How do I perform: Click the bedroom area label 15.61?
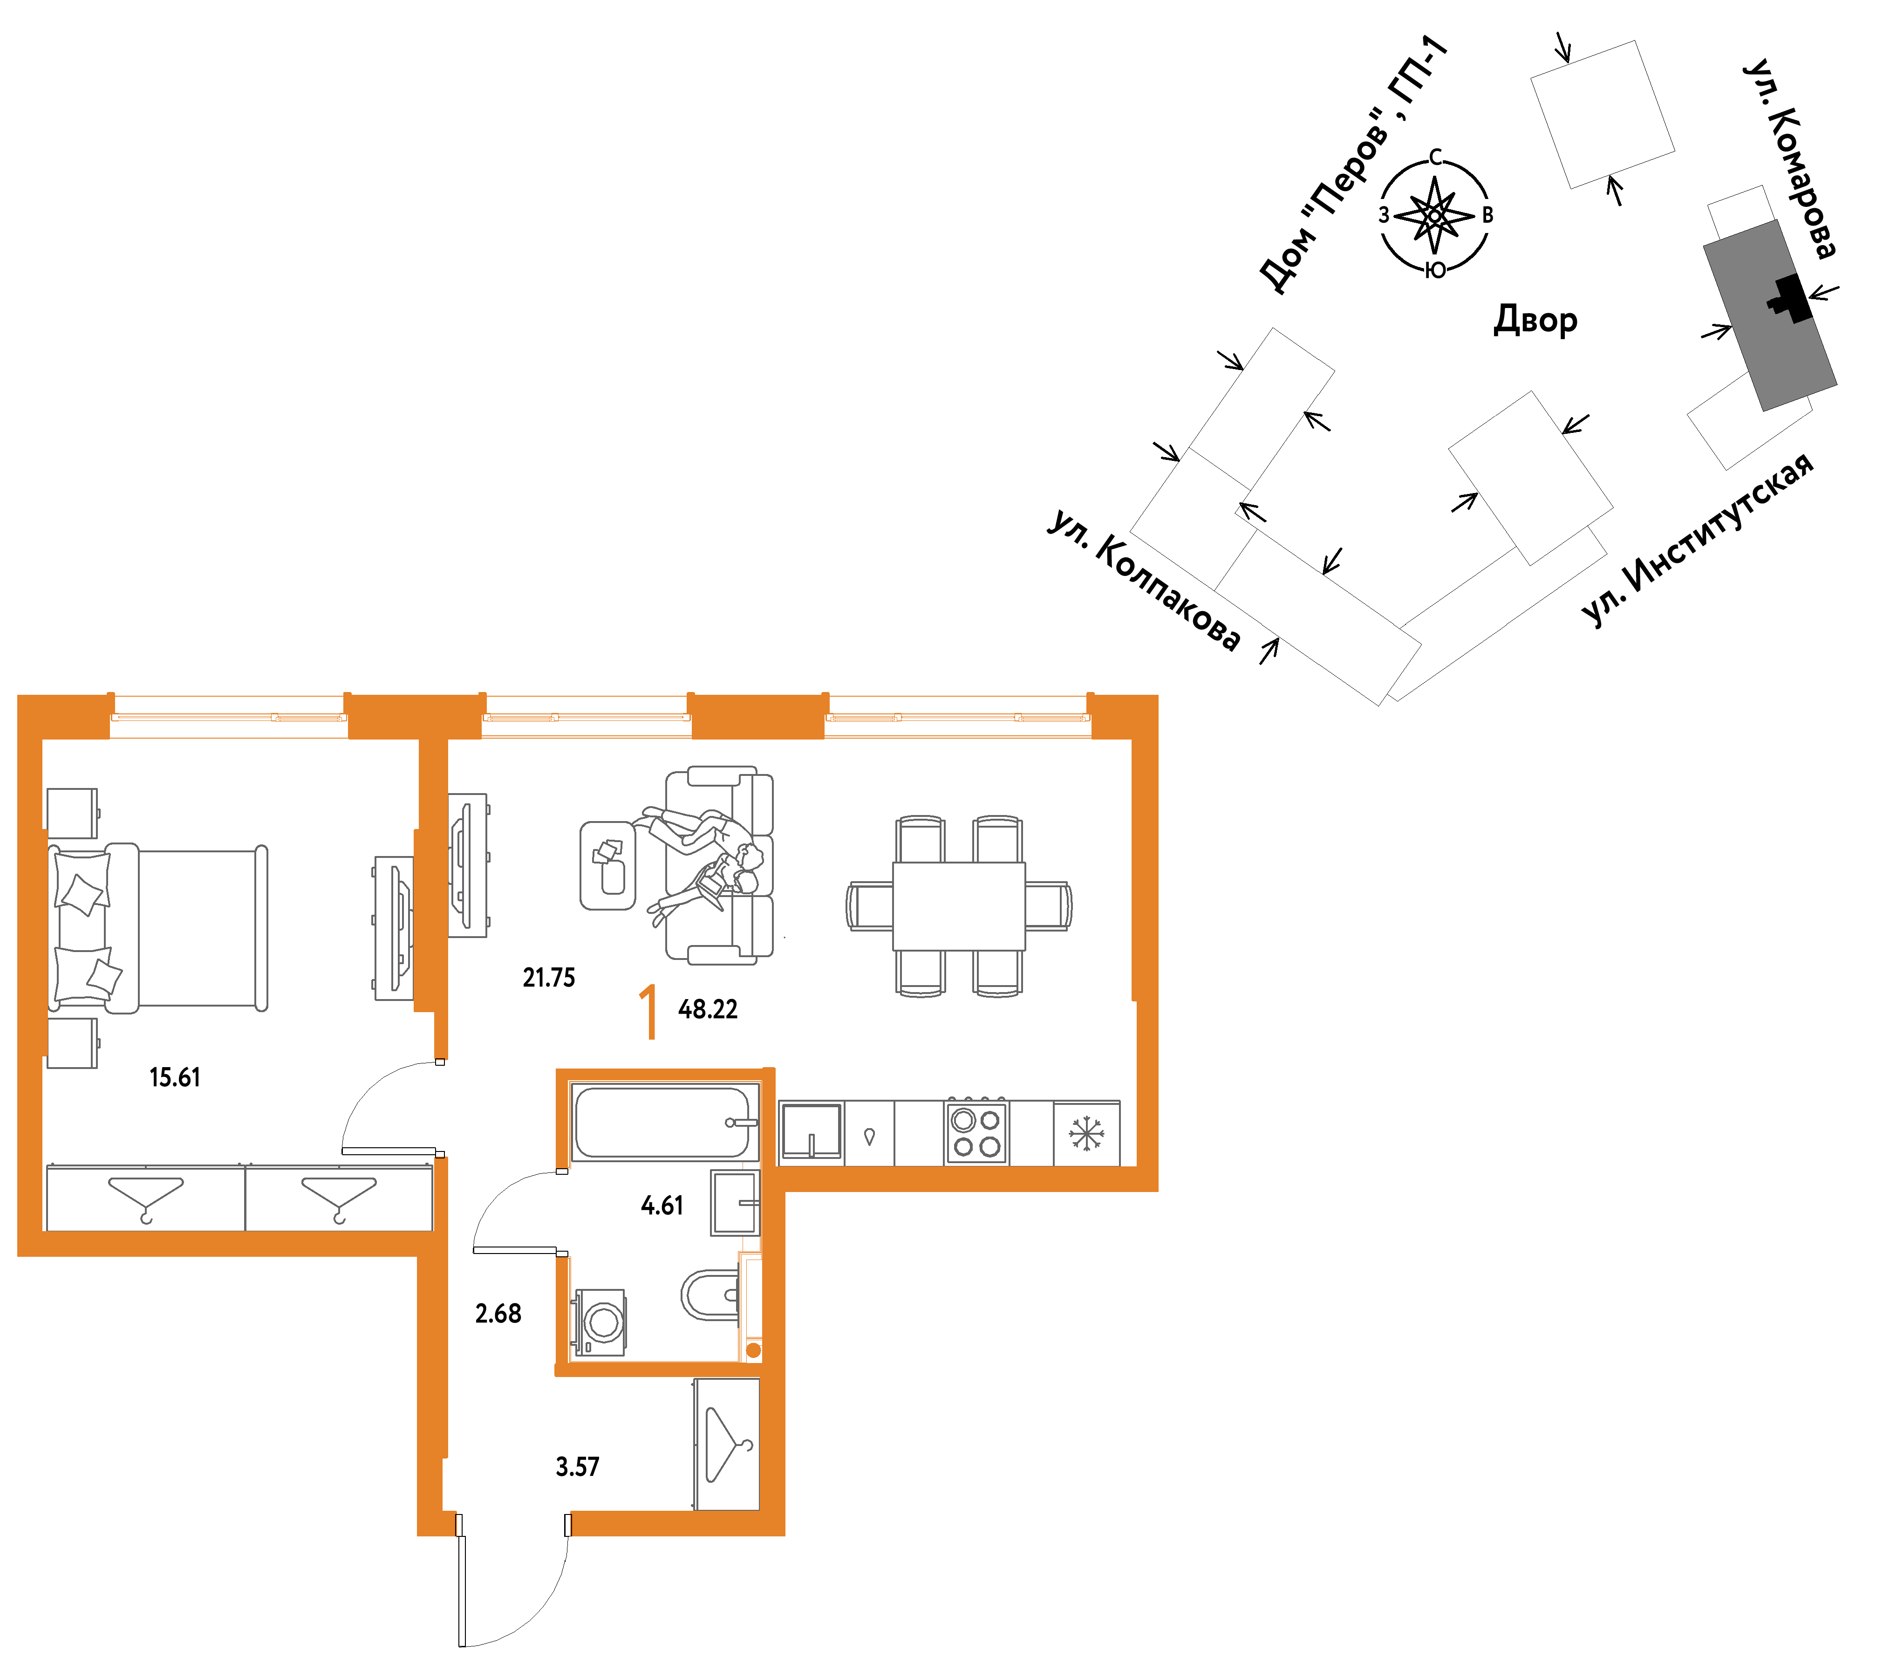click(175, 1077)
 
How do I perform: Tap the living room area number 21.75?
click(549, 978)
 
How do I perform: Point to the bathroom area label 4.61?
click(662, 1205)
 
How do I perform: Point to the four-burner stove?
click(976, 1132)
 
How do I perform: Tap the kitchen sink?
click(811, 1131)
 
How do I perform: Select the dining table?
click(958, 906)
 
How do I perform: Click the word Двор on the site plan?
click(1535, 320)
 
